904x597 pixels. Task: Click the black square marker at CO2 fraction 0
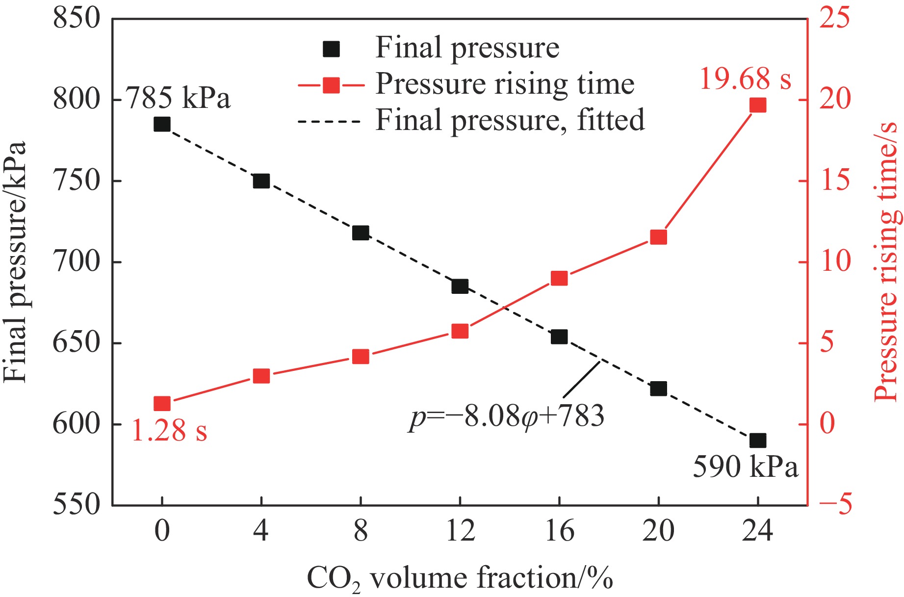point(162,124)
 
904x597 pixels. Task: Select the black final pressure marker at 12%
point(460,286)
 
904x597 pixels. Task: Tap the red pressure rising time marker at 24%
point(758,105)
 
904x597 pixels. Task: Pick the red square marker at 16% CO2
point(559,279)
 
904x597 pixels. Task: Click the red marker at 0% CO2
point(162,404)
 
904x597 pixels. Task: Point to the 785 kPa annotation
point(179,98)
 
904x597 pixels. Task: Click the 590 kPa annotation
point(745,467)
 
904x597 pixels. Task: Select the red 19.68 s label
point(745,78)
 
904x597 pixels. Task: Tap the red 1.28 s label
point(169,431)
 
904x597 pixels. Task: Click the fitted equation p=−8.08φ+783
point(507,417)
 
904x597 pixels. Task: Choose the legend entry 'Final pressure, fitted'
point(510,120)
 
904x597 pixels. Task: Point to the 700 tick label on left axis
point(77,261)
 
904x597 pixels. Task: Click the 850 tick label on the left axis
point(77,19)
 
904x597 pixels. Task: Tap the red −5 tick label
point(836,504)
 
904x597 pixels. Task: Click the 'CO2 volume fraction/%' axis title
point(460,578)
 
